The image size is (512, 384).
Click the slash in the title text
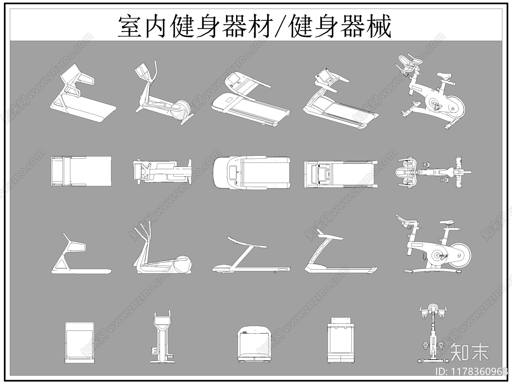point(281,27)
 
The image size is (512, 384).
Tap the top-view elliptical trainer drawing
point(162,171)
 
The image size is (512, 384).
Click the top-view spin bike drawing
point(432,172)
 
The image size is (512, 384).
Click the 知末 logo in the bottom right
point(469,352)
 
